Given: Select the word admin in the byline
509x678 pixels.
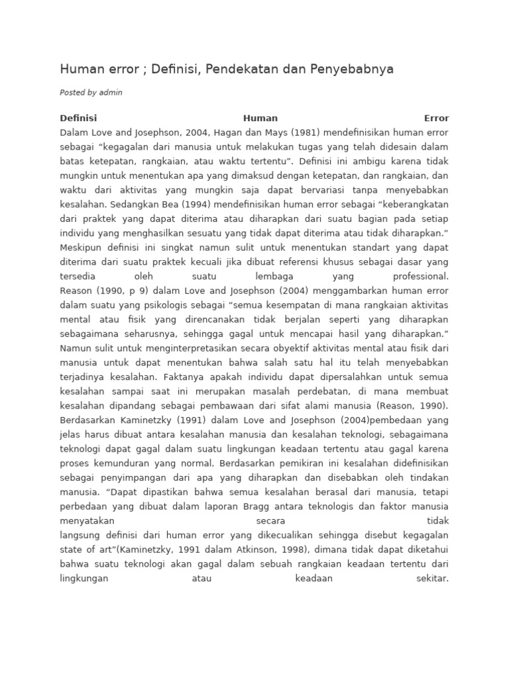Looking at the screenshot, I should [x=111, y=93].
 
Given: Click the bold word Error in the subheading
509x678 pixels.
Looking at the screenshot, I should [x=437, y=119].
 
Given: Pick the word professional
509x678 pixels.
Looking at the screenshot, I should [x=420, y=276].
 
